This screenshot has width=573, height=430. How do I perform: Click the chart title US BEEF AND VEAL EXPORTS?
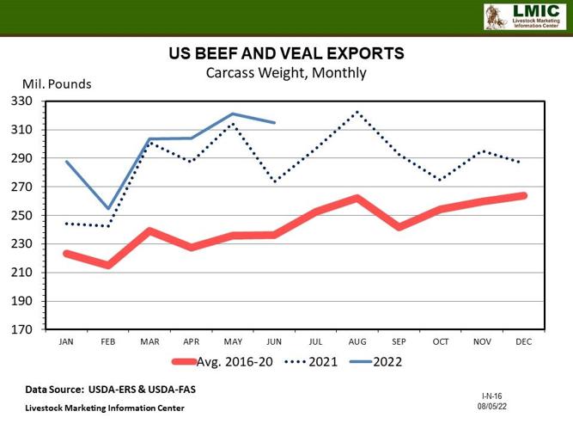point(286,54)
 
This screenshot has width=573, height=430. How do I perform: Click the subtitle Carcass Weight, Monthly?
point(286,73)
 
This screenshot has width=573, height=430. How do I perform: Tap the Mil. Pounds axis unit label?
point(56,84)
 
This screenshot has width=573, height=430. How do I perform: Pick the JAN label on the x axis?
point(66,341)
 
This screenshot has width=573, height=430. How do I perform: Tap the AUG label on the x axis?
point(357,341)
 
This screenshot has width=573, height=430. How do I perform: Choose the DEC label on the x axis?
point(522,341)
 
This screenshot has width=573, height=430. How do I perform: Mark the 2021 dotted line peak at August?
point(357,112)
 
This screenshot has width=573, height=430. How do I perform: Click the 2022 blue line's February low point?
point(108,209)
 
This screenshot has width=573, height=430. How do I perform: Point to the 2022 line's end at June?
point(274,123)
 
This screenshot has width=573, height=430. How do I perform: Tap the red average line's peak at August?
point(357,198)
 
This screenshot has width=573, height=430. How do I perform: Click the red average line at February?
point(108,265)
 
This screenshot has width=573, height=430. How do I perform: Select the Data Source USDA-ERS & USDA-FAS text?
point(109,390)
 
